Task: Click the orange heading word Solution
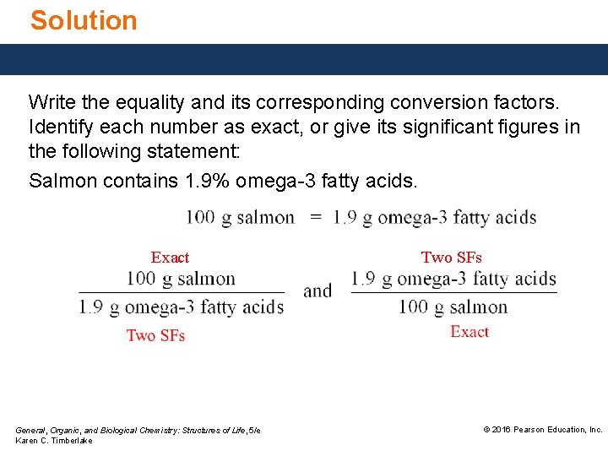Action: click(84, 20)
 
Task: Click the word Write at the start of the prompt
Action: click(50, 103)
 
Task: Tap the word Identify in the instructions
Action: click(57, 128)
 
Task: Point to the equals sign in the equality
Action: click(315, 218)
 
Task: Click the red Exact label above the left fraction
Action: click(170, 258)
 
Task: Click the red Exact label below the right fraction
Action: click(470, 332)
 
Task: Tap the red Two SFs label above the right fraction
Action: click(451, 258)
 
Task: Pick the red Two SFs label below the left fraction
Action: click(155, 335)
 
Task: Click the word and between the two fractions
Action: click(318, 291)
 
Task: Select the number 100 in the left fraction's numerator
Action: click(141, 279)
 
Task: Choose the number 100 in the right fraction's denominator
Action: click(415, 307)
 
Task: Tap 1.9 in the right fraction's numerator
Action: click(363, 279)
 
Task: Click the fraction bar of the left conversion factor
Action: click(181, 293)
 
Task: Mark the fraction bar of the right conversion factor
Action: click(453, 293)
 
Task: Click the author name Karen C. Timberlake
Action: click(54, 441)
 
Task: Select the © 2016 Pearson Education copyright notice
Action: click(542, 430)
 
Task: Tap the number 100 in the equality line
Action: click(201, 218)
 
